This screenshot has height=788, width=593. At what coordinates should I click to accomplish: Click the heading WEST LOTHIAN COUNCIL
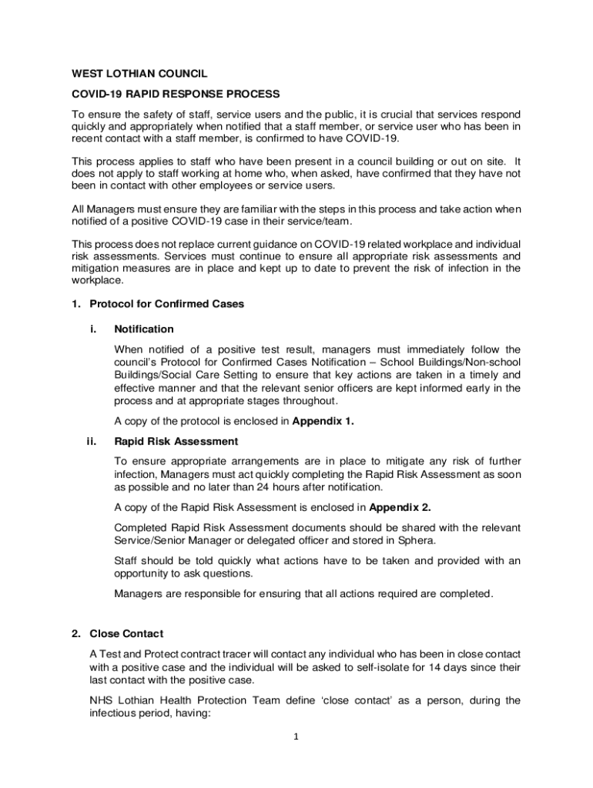[139, 74]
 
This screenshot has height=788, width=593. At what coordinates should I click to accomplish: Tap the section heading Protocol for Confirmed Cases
[166, 304]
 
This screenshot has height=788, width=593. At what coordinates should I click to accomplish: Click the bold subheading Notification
[144, 329]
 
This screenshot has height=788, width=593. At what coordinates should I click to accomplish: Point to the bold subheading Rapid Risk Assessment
[176, 442]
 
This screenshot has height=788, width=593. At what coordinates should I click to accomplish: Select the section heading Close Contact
[126, 634]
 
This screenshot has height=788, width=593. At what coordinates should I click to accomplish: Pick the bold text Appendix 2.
[400, 507]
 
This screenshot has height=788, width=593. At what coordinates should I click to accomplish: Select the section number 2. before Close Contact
[76, 634]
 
